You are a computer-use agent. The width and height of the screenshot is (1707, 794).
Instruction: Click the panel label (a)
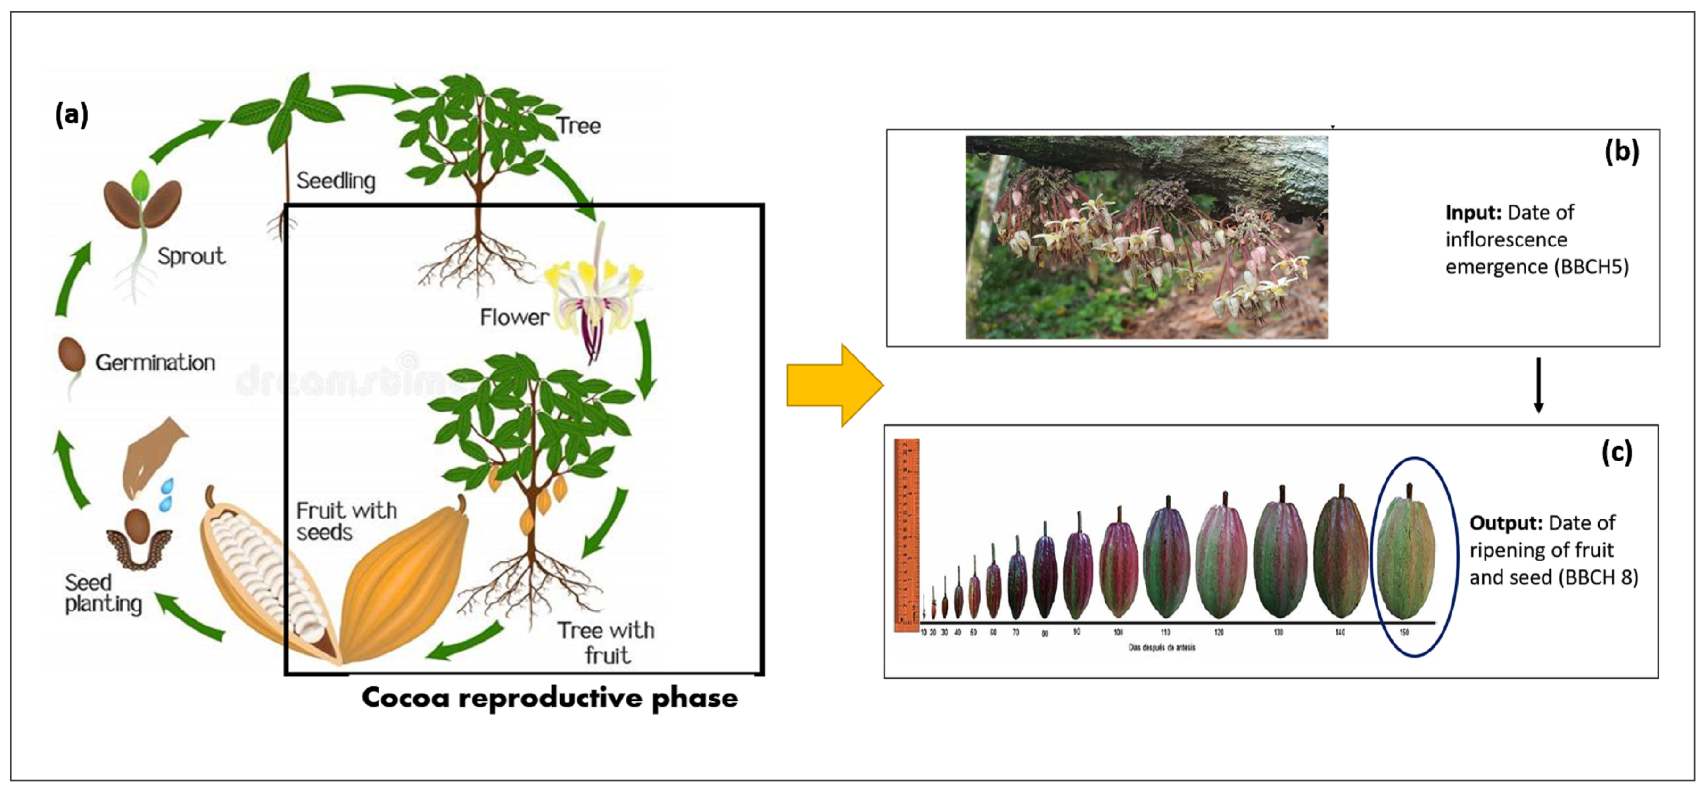(x=72, y=114)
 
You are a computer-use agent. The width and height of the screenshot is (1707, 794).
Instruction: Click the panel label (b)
(x=1621, y=152)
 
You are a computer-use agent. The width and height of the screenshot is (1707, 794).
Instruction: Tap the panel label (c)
(x=1616, y=452)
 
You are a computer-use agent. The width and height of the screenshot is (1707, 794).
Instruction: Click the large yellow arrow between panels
(x=834, y=386)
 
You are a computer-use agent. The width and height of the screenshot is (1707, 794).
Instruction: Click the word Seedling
(x=335, y=180)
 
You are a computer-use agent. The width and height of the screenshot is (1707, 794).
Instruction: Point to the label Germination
(x=155, y=363)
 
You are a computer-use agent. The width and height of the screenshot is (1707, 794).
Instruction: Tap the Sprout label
(x=191, y=256)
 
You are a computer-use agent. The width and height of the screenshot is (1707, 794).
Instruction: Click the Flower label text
(x=514, y=317)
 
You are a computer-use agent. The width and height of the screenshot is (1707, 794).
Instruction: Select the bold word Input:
(x=1473, y=212)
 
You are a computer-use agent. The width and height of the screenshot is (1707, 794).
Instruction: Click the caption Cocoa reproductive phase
(x=549, y=698)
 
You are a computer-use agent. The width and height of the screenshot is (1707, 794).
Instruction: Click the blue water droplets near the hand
(x=166, y=494)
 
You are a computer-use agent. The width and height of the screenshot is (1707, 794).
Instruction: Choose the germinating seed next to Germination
(x=72, y=358)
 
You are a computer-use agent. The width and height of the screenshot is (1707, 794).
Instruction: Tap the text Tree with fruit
(x=606, y=642)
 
